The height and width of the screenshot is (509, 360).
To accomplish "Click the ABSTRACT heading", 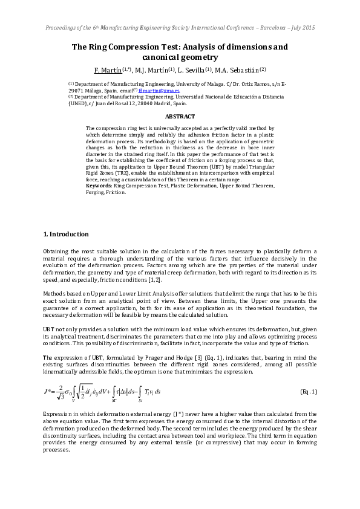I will [x=180, y=116].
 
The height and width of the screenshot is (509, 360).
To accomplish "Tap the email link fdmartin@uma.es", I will [x=159, y=90].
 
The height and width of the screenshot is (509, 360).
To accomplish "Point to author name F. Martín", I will [x=108, y=70].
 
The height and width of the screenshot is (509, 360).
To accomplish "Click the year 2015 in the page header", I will [x=308, y=28].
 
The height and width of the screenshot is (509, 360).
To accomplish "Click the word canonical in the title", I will [x=161, y=57].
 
